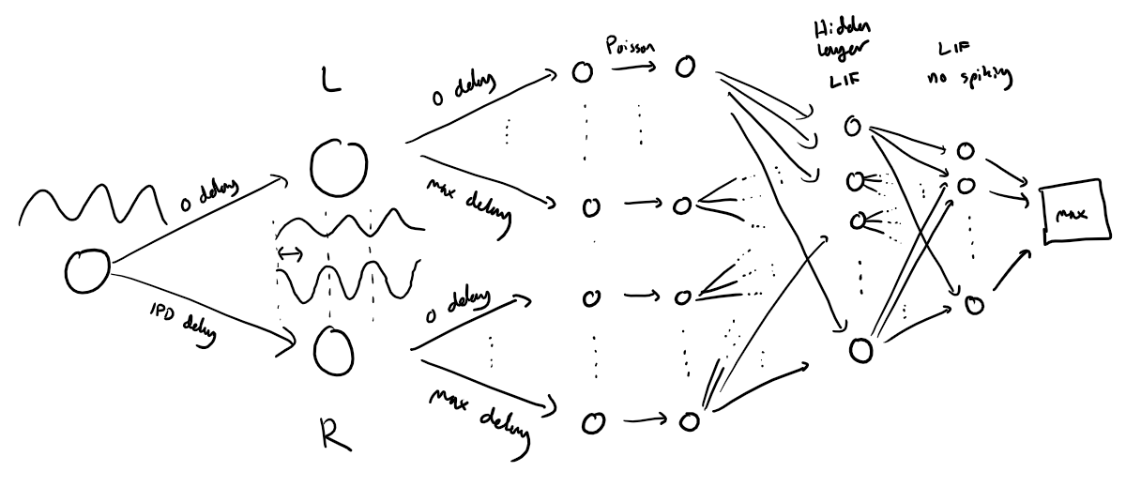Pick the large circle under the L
tap(333, 167)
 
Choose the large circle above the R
tap(334, 349)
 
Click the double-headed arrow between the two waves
tap(291, 253)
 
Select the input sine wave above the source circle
tap(89, 201)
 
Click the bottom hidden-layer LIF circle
tap(860, 350)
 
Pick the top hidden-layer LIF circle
tap(851, 127)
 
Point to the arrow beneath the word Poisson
tap(631, 68)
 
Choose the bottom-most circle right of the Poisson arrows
tap(690, 421)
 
